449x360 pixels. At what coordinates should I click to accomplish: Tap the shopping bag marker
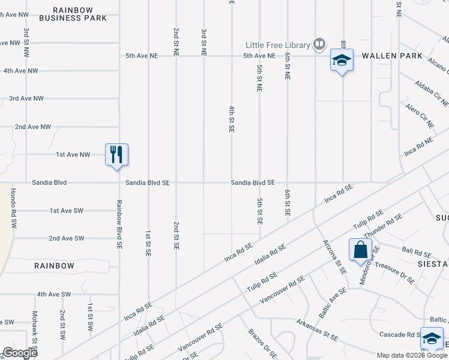tap(360, 250)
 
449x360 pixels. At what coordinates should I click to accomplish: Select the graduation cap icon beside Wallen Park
tap(342, 60)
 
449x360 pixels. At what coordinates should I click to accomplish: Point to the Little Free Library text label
tap(277, 45)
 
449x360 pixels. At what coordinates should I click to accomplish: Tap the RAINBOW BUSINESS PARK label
tap(73, 14)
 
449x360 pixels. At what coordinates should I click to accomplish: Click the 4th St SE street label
tap(231, 119)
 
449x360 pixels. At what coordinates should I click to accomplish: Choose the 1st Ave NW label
tap(73, 155)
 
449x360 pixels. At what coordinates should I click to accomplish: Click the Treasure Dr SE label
tap(394, 272)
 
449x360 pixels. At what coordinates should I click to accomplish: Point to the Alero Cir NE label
tap(420, 116)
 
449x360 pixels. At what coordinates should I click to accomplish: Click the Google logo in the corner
tap(20, 353)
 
